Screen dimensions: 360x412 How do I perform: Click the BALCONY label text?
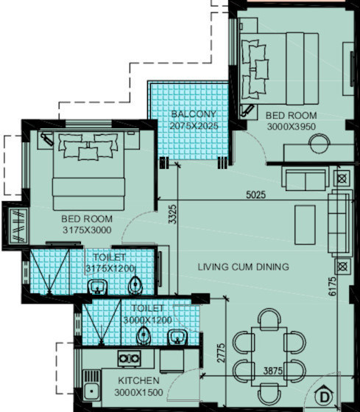194,114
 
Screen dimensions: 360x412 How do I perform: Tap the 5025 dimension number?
256,195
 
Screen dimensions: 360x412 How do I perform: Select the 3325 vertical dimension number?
173,214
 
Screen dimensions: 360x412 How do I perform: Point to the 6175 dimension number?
332,286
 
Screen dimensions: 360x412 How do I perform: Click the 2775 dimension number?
221,353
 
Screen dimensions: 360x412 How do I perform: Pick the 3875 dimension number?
273,371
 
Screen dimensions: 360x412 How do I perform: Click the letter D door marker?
325,397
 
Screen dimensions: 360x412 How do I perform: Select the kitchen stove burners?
129,358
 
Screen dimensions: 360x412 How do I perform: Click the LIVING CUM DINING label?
243,267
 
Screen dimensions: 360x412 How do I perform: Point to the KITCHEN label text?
138,380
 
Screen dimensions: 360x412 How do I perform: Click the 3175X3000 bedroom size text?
87,230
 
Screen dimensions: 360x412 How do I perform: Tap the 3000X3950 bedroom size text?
292,127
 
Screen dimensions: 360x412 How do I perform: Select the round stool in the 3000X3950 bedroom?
320,144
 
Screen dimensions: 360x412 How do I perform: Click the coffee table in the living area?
305,225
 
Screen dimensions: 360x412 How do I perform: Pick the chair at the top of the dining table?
269,319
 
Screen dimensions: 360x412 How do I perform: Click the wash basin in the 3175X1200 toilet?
98,287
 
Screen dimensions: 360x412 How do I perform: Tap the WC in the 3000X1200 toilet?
144,335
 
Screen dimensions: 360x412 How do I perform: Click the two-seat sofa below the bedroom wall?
306,179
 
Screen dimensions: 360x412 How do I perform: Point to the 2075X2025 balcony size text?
194,126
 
